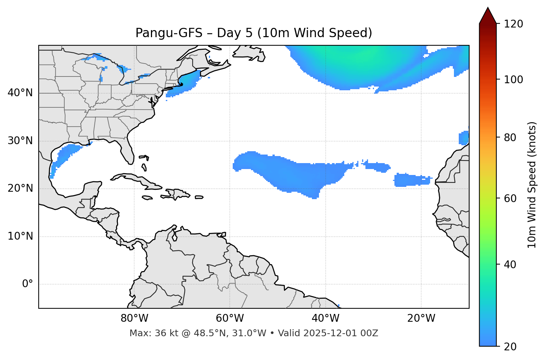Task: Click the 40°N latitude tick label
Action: pyautogui.click(x=20, y=93)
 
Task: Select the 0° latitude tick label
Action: pyautogui.click(x=28, y=284)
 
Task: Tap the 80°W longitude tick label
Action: pyautogui.click(x=134, y=318)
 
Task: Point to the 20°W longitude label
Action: pyautogui.click(x=421, y=318)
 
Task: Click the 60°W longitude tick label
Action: pyautogui.click(x=230, y=318)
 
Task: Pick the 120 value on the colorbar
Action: pyautogui.click(x=514, y=24)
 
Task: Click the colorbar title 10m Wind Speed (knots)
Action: pyautogui.click(x=532, y=185)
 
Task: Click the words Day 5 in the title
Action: pyautogui.click(x=234, y=33)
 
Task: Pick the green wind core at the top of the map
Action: pyautogui.click(x=364, y=56)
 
